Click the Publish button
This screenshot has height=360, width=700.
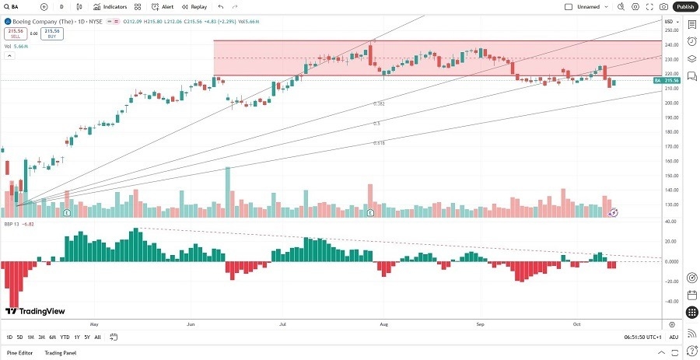pos(684,6)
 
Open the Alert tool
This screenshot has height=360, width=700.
pos(163,6)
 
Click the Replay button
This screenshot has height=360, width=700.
pos(194,6)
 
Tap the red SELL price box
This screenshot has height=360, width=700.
pos(15,33)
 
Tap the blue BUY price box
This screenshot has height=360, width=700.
pos(52,33)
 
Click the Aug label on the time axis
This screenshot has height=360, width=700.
pos(383,323)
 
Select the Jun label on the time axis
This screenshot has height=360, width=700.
pos(191,323)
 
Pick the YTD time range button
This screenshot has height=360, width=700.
pos(65,337)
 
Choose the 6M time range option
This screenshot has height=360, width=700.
pos(52,337)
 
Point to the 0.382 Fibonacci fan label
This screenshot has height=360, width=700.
pos(379,103)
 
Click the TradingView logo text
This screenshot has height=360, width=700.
pos(36,311)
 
